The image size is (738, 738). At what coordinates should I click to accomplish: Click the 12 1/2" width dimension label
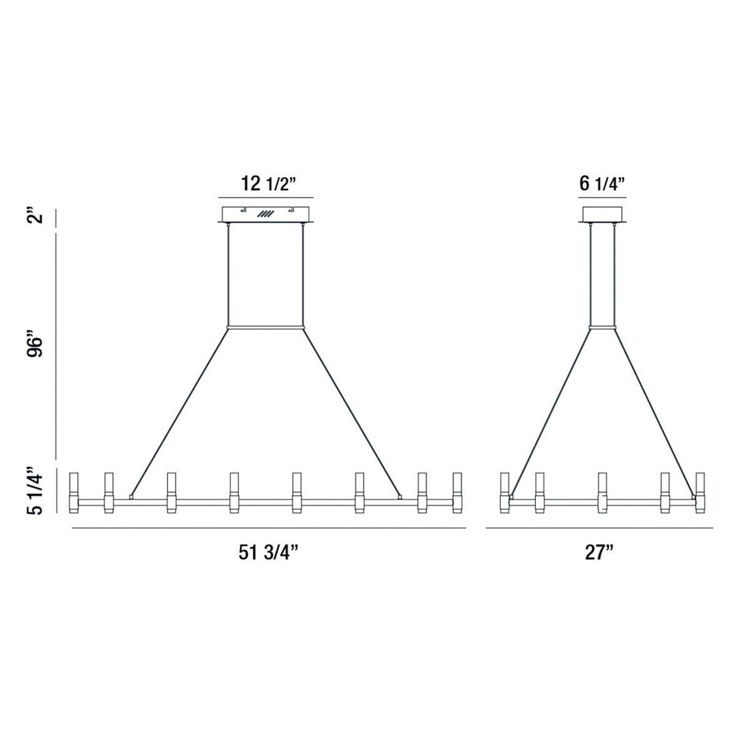pos(267,183)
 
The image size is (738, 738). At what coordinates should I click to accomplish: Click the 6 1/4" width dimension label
pos(602,183)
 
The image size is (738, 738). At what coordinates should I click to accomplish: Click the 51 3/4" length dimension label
pos(268,553)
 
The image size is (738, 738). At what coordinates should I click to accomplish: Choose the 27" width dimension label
pos(599,553)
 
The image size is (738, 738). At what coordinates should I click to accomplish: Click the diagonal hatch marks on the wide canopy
pos(265,214)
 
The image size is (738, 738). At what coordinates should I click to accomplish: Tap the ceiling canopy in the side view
pos(602,213)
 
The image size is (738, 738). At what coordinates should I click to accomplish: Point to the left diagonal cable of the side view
pos(551,410)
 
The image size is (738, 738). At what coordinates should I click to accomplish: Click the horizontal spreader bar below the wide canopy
pos(265,328)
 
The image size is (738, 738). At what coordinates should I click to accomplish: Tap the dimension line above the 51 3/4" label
pos(268,528)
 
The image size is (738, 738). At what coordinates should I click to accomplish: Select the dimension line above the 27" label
pos(599,528)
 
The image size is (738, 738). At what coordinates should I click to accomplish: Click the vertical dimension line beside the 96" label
pos(56,346)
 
